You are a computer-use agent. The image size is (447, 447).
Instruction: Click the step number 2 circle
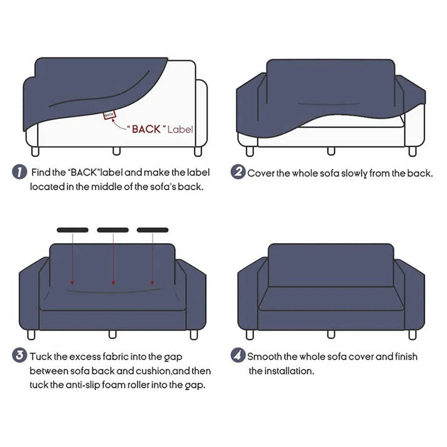(x=238, y=173)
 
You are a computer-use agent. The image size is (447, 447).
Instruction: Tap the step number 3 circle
(x=20, y=356)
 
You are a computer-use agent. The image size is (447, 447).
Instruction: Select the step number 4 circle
(x=238, y=356)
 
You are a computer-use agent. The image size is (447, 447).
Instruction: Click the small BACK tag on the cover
(x=110, y=115)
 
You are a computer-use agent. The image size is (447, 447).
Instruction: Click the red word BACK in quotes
(x=146, y=129)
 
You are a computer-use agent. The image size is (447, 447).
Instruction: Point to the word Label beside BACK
(x=180, y=129)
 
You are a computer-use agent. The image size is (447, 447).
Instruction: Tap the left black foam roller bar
(x=73, y=230)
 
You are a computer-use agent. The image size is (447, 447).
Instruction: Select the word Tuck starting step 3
(x=41, y=356)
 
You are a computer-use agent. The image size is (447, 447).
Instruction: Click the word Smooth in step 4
(x=264, y=356)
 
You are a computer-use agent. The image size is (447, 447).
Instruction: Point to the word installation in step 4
(x=288, y=371)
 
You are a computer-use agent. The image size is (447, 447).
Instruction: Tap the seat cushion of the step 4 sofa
(x=325, y=300)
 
